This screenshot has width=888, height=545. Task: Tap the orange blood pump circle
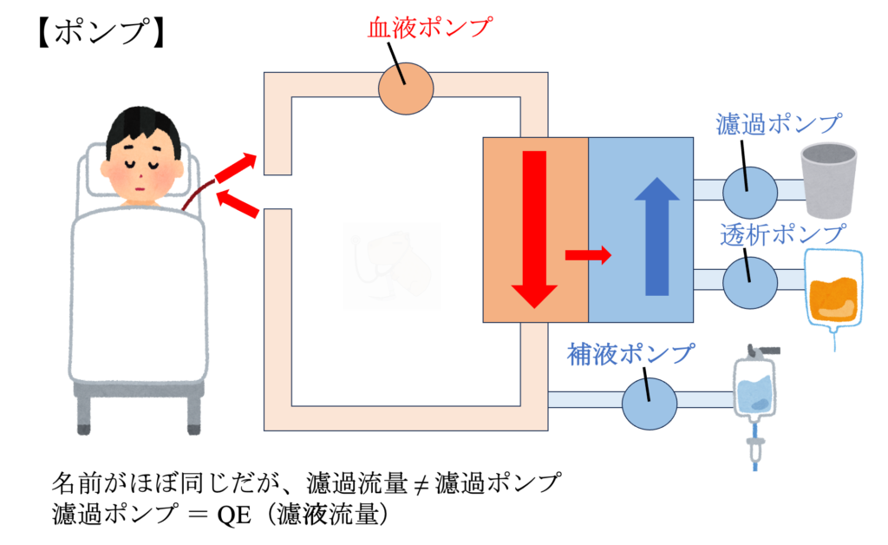pyautogui.click(x=406, y=88)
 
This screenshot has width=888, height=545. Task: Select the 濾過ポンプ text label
pyautogui.click(x=780, y=123)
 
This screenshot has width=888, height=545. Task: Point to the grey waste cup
pyautogui.click(x=826, y=179)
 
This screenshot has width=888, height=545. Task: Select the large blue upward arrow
pyautogui.click(x=657, y=236)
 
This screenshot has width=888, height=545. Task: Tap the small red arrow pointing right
pyautogui.click(x=587, y=254)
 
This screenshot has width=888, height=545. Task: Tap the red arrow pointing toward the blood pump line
pyautogui.click(x=236, y=167)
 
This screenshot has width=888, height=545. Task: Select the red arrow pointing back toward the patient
pyautogui.click(x=238, y=204)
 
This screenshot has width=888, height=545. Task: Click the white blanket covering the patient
pyautogui.click(x=139, y=295)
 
